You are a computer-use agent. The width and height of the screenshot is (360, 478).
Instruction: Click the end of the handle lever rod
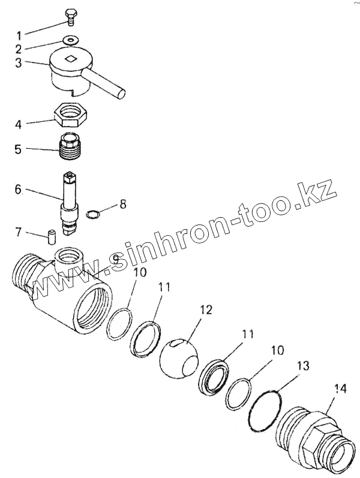coord(122,93)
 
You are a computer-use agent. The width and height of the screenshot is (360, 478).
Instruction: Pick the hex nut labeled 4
coord(71,113)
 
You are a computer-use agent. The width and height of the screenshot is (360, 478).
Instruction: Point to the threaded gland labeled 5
coord(71,148)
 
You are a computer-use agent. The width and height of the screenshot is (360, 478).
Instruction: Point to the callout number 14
coord(340,389)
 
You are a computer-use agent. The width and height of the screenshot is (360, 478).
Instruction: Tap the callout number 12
coord(205,310)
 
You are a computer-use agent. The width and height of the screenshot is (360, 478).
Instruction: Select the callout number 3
coord(19,63)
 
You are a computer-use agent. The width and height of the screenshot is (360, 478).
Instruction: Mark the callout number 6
coord(18,190)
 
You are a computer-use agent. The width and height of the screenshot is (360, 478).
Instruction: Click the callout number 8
coord(123,204)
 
